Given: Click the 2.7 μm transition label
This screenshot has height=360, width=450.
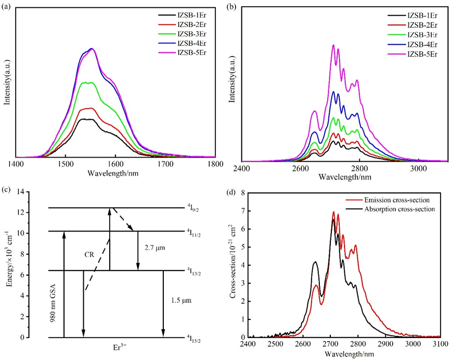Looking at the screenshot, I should pos(154,248).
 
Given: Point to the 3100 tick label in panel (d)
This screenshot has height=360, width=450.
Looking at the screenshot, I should pos(440,344).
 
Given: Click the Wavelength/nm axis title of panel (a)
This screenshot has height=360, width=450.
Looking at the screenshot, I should pos(116,172).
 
